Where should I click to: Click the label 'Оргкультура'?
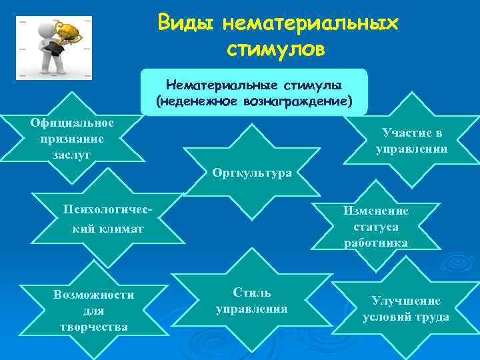[252, 173]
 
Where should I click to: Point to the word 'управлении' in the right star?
[411, 149]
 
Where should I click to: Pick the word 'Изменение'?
[376, 211]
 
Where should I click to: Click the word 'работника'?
[376, 243]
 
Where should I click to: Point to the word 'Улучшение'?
[405, 301]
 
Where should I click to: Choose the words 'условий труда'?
[405, 317]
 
